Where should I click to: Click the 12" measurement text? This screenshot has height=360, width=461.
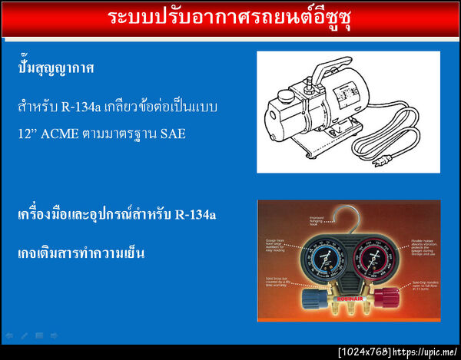tap(28, 133)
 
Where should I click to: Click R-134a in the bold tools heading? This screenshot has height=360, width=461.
tap(195, 214)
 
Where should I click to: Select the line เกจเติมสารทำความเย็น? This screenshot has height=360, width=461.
tap(81, 253)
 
